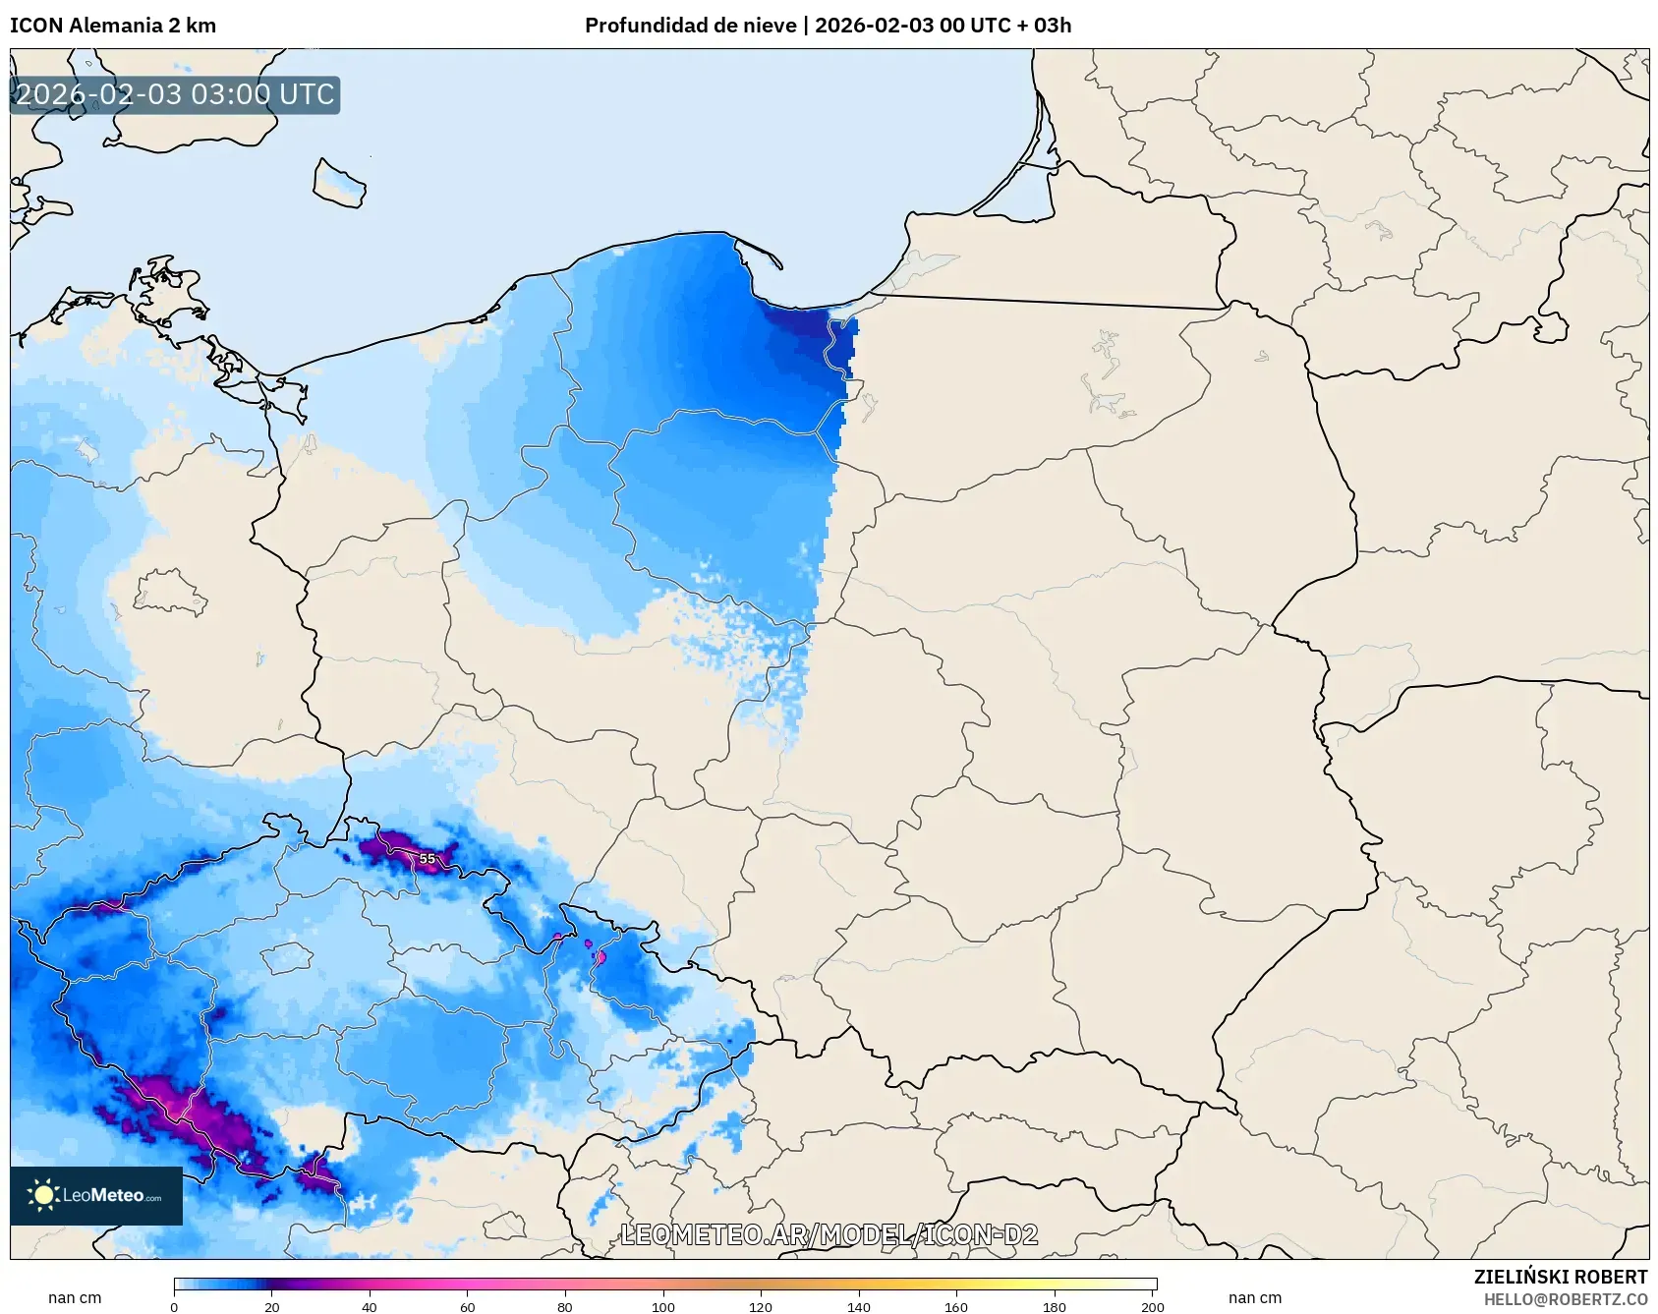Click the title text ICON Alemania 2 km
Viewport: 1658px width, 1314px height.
[x=113, y=26]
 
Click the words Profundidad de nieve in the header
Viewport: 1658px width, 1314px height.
[x=690, y=26]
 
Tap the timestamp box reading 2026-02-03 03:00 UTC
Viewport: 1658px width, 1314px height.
[x=175, y=95]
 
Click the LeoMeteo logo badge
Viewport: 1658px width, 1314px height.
[x=96, y=1195]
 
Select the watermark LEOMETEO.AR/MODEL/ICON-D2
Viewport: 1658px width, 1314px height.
[x=829, y=1234]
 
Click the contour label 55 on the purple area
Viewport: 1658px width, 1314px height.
[x=427, y=858]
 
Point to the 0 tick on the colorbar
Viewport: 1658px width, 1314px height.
[x=175, y=1306]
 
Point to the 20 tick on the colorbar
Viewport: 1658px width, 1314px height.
[x=272, y=1306]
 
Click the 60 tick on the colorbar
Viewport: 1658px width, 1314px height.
[x=468, y=1306]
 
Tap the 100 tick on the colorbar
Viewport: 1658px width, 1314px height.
[x=663, y=1306]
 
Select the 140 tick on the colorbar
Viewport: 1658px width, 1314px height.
[x=859, y=1306]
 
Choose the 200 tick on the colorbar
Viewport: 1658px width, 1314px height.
[x=1153, y=1306]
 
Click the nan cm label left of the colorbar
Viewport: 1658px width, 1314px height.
[x=75, y=1297]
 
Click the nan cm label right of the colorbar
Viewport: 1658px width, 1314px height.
[x=1255, y=1297]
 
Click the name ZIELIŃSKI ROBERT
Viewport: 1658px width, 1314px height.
[x=1560, y=1277]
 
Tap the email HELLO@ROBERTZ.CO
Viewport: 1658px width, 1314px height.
[x=1565, y=1299]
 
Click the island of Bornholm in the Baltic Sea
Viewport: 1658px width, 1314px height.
[x=339, y=184]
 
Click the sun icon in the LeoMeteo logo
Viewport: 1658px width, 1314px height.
[x=43, y=1195]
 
